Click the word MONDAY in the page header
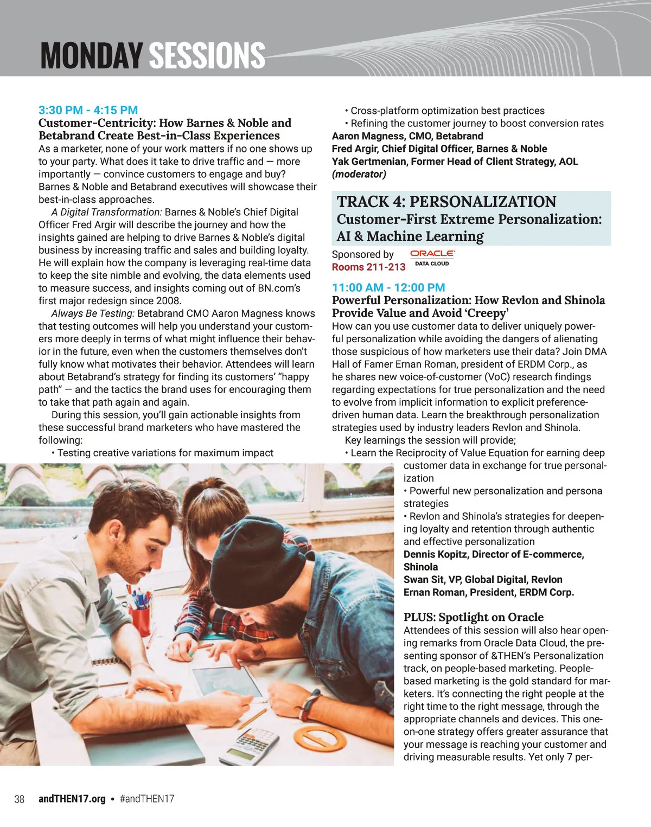point(91,55)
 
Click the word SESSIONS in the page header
point(207,55)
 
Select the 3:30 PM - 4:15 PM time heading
point(88,110)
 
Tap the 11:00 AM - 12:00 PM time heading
point(388,287)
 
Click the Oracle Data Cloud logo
point(432,258)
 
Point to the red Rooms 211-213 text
point(368,267)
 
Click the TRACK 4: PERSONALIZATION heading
point(446,202)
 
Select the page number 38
point(19,799)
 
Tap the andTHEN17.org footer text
point(72,799)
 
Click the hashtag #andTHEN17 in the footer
point(146,799)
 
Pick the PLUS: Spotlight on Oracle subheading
point(473,617)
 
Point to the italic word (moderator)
point(359,174)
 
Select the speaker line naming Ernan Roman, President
point(488,592)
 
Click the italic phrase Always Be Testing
point(93,313)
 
